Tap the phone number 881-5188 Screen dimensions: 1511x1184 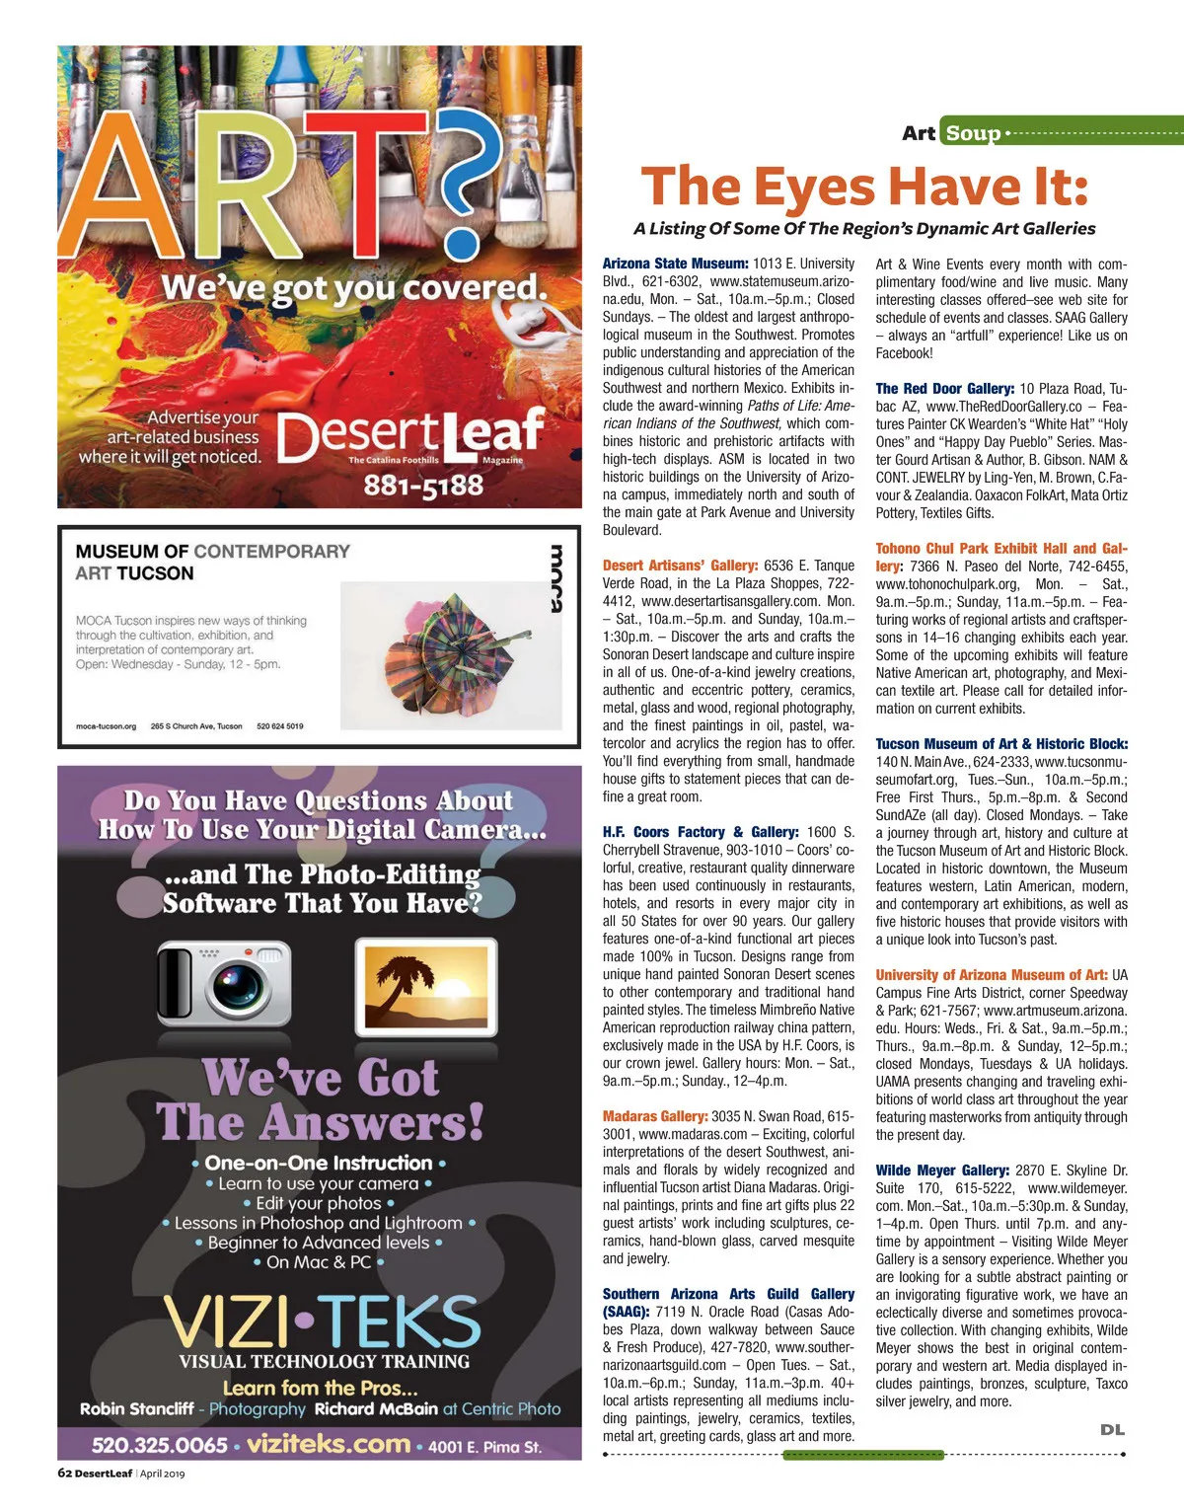[x=423, y=486]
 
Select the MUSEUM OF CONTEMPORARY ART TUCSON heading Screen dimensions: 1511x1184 [x=212, y=562]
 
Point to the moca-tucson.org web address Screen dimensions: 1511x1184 [x=107, y=726]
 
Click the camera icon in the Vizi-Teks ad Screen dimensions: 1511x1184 [x=224, y=983]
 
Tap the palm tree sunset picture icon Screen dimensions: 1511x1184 [x=425, y=983]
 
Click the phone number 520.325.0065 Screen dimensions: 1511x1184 [x=160, y=1446]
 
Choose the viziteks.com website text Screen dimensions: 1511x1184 [x=329, y=1444]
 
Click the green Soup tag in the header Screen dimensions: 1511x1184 [x=974, y=132]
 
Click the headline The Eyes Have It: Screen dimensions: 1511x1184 [x=864, y=187]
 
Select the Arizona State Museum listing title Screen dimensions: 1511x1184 [x=676, y=264]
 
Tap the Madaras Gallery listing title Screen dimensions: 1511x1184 [x=655, y=1116]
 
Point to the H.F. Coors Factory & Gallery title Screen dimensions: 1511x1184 [x=701, y=832]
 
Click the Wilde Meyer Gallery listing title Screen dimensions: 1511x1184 [x=942, y=1170]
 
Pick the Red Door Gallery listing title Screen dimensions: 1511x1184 [x=944, y=389]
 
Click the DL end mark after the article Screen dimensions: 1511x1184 [x=1112, y=1429]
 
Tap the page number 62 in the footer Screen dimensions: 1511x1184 [x=65, y=1473]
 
